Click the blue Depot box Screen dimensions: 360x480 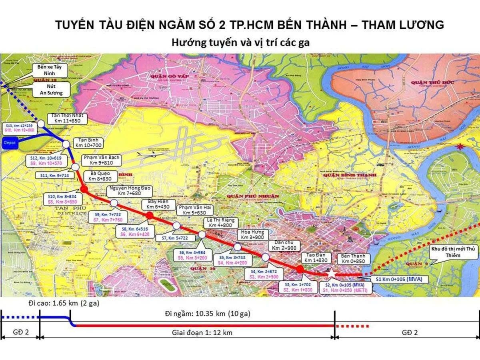click(9, 142)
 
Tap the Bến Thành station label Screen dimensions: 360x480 click(354, 258)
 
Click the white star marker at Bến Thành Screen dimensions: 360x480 click(331, 272)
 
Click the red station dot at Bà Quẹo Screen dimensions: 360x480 click(84, 189)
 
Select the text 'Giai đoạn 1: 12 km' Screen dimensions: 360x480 click(202, 332)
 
